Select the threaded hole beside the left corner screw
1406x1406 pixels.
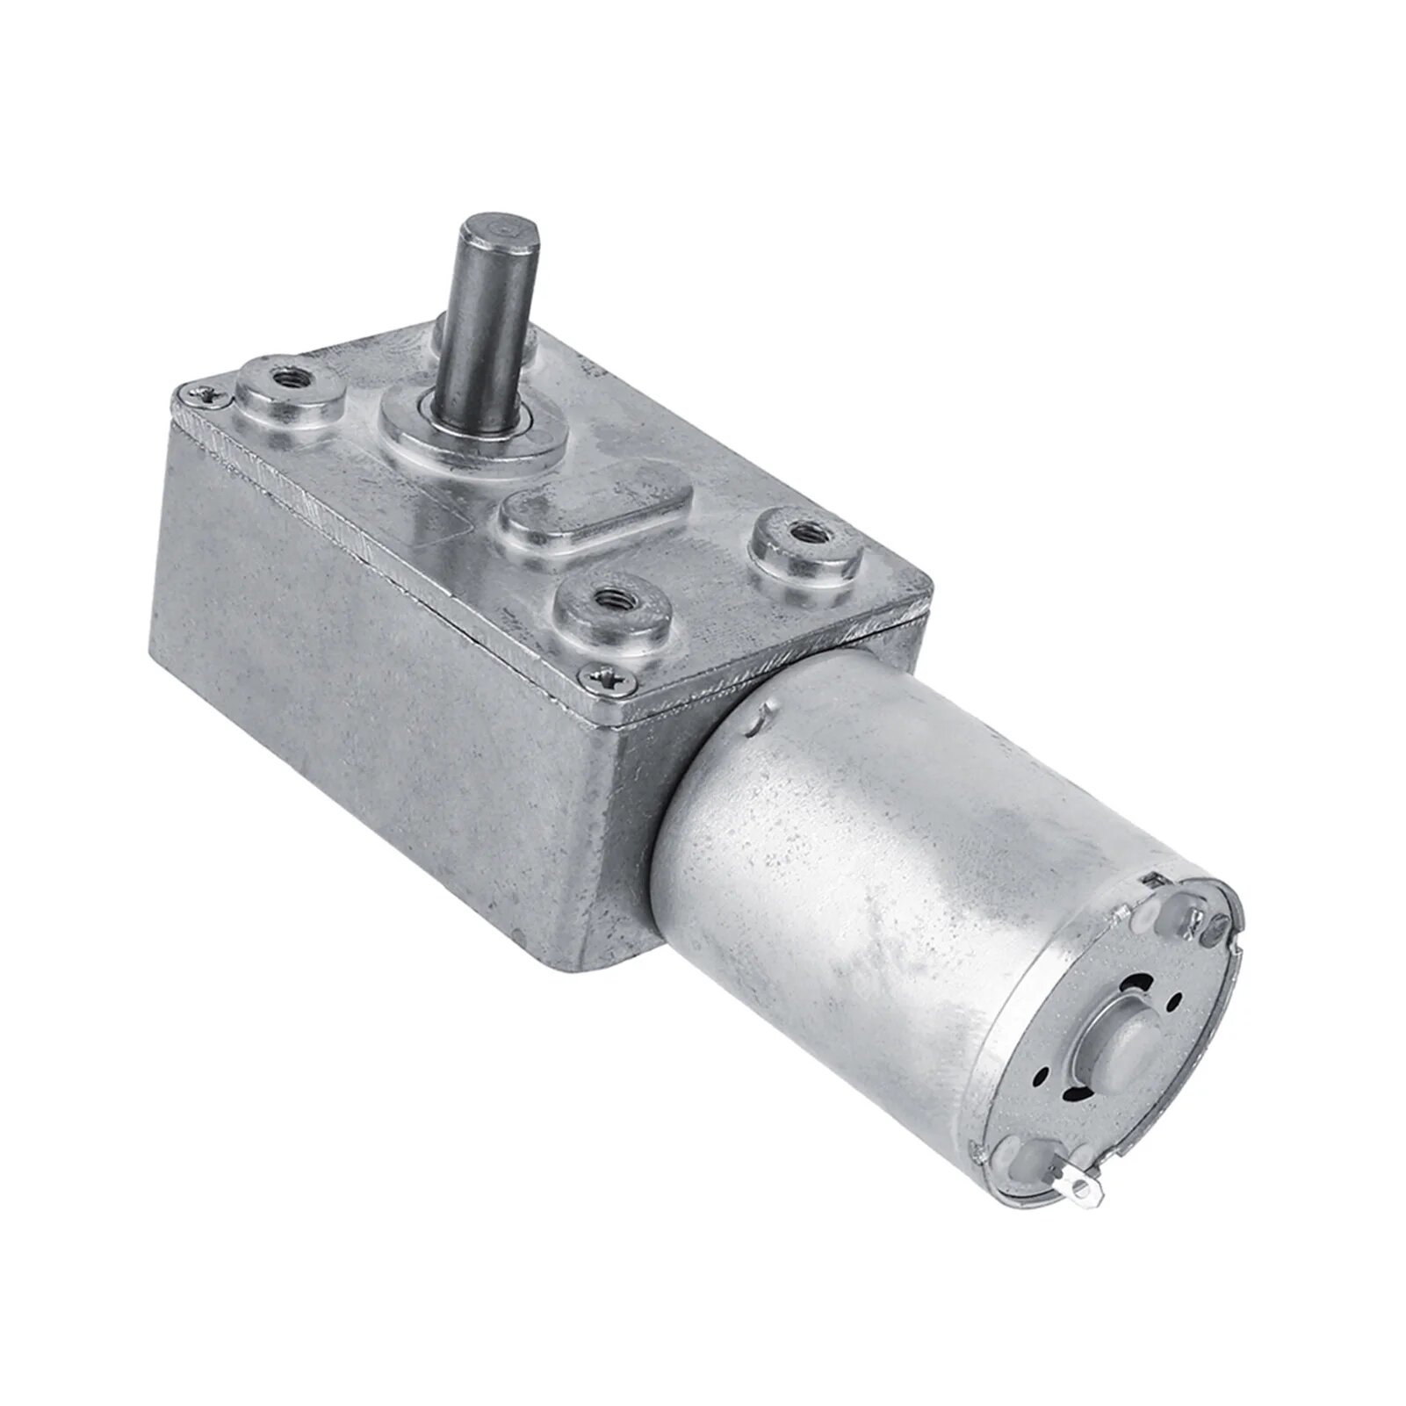[x=287, y=379]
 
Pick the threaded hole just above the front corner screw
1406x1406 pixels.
[x=608, y=600]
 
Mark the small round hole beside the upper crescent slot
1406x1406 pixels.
[x=1177, y=1003]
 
